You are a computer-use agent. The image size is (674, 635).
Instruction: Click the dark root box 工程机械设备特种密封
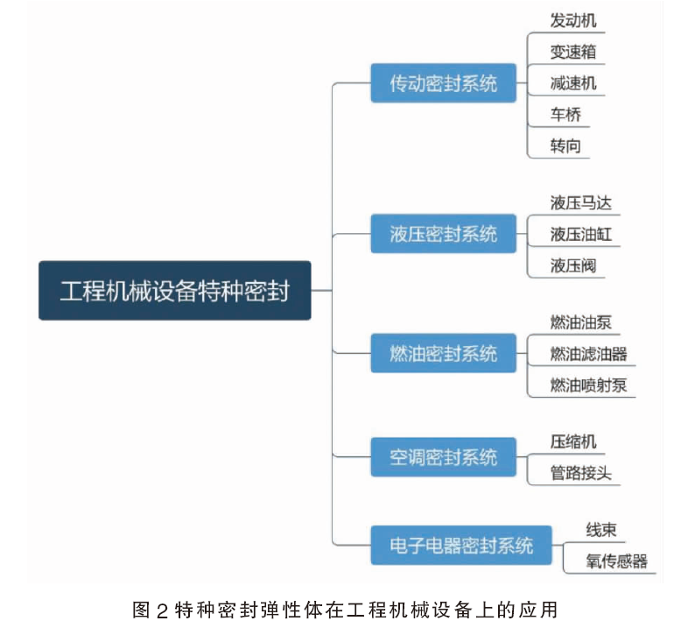pos(174,291)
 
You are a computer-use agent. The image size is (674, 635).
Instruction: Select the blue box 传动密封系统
pos(443,83)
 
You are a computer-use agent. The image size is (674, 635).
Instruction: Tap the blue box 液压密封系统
pos(443,234)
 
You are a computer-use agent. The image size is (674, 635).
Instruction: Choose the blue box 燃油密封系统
pos(443,353)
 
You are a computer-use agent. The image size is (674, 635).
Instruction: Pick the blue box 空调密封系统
pos(443,457)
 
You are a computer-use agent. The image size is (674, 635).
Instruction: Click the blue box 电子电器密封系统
pos(461,545)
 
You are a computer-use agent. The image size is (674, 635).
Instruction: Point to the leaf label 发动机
pos(573,21)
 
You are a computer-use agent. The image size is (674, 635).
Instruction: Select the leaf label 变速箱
pos(573,52)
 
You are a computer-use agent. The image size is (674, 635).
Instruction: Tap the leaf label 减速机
pos(573,83)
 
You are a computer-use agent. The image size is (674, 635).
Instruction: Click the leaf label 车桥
pos(565,115)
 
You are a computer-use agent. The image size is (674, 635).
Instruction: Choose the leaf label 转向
pos(565,146)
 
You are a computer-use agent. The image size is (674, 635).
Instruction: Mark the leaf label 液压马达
pos(580,202)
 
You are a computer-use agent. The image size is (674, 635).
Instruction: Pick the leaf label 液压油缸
pos(580,234)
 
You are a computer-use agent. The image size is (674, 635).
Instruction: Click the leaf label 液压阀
pos(573,265)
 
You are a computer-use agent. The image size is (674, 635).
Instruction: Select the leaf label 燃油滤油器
pos(588,354)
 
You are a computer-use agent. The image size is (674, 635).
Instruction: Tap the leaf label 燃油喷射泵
pos(588,385)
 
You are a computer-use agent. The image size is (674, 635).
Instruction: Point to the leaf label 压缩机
pos(573,441)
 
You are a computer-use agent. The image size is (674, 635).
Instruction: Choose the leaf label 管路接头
pos(580,473)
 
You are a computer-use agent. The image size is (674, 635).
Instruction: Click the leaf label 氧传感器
pos(616,561)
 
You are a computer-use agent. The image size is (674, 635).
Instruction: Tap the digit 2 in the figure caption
pos(162,610)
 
